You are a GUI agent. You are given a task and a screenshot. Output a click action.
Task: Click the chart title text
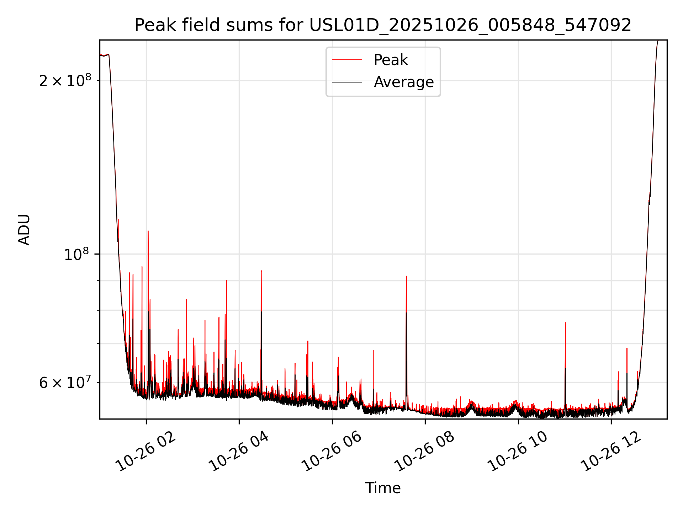[x=383, y=25]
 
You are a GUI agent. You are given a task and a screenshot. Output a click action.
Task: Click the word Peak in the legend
[x=391, y=60]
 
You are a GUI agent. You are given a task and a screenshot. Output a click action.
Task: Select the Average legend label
[x=404, y=82]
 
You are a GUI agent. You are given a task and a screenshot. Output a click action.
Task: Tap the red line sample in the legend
[x=347, y=60]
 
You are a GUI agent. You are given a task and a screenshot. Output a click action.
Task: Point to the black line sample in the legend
[x=347, y=82]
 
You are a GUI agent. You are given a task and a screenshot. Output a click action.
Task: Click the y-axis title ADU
[x=24, y=230]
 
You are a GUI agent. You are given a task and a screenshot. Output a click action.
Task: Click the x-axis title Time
[x=383, y=488]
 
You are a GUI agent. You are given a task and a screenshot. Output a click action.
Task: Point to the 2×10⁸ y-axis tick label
[x=65, y=81]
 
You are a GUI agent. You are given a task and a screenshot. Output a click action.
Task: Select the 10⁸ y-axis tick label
[x=76, y=255]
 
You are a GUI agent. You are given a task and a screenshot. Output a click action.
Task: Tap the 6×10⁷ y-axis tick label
[x=65, y=383]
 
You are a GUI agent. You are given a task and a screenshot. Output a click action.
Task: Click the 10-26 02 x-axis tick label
[x=147, y=452]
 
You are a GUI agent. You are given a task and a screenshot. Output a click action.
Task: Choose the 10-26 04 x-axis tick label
[x=239, y=452]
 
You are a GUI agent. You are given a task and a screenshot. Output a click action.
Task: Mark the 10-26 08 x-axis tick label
[x=425, y=452]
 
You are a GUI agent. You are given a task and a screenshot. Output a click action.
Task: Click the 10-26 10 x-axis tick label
[x=518, y=452]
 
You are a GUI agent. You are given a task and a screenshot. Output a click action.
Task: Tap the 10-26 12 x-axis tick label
[x=611, y=452]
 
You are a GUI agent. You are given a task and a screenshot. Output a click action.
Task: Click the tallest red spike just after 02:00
[x=148, y=231]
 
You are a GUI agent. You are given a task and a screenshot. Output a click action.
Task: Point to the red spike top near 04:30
[x=261, y=271]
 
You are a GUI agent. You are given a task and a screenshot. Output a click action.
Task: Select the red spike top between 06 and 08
[x=407, y=276]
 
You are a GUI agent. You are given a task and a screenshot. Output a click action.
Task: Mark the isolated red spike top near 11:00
[x=565, y=323]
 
